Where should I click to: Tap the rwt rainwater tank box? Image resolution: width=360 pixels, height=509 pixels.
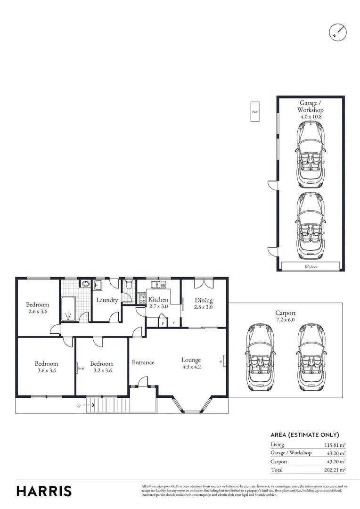click(255, 112)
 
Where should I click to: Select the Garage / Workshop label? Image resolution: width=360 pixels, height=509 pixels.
click(310, 106)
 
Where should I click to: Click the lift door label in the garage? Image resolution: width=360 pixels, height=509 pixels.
click(310, 266)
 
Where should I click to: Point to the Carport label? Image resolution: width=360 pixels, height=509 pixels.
click(285, 312)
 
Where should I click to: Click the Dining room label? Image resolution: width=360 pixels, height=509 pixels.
click(204, 300)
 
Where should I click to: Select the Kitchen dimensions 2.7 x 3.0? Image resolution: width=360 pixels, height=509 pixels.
click(158, 306)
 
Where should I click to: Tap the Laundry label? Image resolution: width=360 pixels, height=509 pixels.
click(107, 300)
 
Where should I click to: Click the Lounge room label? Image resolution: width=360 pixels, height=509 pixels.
click(191, 360)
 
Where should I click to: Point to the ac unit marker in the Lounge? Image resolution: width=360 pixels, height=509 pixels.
click(221, 362)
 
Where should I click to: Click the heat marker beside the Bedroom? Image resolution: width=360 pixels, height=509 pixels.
click(81, 369)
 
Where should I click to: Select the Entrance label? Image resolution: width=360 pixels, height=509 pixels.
click(143, 362)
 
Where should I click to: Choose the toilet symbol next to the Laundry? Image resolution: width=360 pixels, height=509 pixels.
click(129, 285)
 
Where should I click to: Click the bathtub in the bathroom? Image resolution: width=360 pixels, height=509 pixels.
click(69, 309)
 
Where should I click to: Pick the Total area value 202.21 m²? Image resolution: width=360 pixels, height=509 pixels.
click(336, 470)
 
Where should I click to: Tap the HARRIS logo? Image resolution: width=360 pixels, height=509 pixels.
click(44, 491)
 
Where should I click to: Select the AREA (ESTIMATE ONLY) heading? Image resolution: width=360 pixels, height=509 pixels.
click(304, 435)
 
